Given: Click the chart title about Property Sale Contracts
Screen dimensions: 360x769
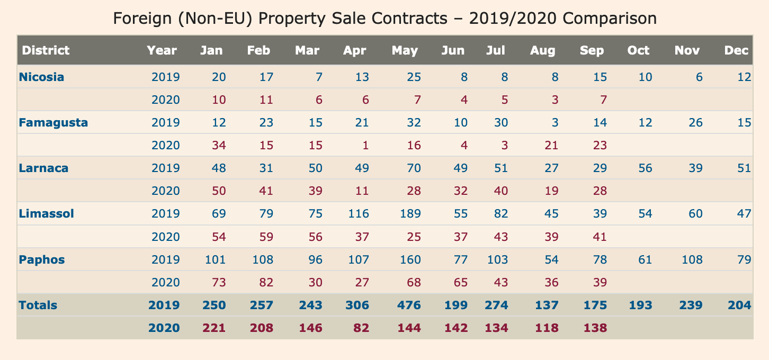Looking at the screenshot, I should pyautogui.click(x=384, y=19).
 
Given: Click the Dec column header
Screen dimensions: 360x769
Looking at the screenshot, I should pyautogui.click(x=737, y=50).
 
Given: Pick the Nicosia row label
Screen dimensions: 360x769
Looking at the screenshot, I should pyautogui.click(x=41, y=77).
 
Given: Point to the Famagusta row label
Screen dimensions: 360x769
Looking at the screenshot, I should pyautogui.click(x=53, y=123).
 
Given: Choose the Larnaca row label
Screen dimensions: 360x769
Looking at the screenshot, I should pyautogui.click(x=44, y=168).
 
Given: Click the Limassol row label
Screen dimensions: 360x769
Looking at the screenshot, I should pyautogui.click(x=46, y=214).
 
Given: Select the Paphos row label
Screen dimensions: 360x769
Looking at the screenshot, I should pyautogui.click(x=42, y=259).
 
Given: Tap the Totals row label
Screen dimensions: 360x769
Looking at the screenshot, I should pyautogui.click(x=38, y=305).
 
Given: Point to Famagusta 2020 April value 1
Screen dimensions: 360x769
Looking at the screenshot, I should pyautogui.click(x=365, y=146).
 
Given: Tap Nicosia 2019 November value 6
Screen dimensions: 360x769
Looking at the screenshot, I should pyautogui.click(x=699, y=77).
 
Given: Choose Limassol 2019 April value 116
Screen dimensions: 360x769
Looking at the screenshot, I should pyautogui.click(x=358, y=214).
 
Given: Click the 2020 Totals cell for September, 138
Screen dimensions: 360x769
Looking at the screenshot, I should pyautogui.click(x=595, y=328).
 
